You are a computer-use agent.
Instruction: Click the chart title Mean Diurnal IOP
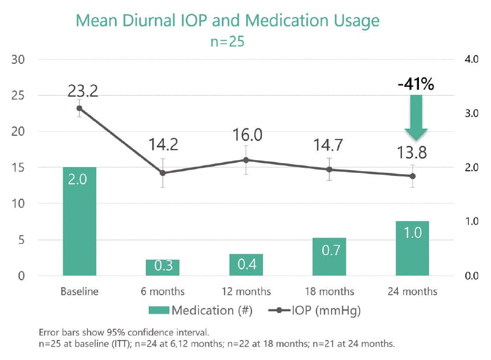[228, 22]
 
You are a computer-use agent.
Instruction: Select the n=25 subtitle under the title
[228, 42]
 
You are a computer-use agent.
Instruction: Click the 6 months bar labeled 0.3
[162, 267]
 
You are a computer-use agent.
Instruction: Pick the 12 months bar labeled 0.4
[246, 264]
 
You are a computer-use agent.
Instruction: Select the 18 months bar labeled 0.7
[329, 256]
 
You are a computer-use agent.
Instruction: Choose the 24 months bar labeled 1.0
[412, 248]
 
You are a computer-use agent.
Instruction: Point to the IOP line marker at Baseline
[79, 108]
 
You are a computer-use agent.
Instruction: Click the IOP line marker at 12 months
[246, 160]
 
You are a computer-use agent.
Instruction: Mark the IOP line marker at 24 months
[412, 176]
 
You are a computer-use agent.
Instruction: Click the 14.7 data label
[329, 144]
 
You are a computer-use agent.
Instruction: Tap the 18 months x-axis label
[329, 291]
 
